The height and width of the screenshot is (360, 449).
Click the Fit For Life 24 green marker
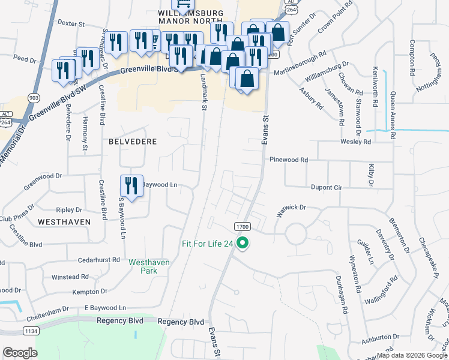(243, 244)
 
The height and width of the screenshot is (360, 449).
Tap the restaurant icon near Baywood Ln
(131, 185)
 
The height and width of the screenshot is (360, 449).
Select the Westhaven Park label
(149, 266)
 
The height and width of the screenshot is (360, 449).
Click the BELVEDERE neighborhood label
(133, 142)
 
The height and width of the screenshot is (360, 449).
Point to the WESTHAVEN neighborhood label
(64, 221)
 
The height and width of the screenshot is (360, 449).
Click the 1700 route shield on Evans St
(242, 226)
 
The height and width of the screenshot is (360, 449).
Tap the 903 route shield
(34, 97)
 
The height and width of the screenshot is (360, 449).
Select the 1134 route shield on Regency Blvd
(31, 331)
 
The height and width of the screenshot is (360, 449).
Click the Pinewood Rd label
(289, 160)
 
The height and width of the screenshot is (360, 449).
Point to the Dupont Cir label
(326, 188)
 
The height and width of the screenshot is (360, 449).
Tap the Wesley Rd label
(355, 142)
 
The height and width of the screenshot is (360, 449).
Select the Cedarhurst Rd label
(100, 260)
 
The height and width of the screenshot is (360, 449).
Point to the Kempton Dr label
(89, 292)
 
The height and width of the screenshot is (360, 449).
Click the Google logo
(20, 353)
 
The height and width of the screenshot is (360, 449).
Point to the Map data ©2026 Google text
(411, 355)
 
